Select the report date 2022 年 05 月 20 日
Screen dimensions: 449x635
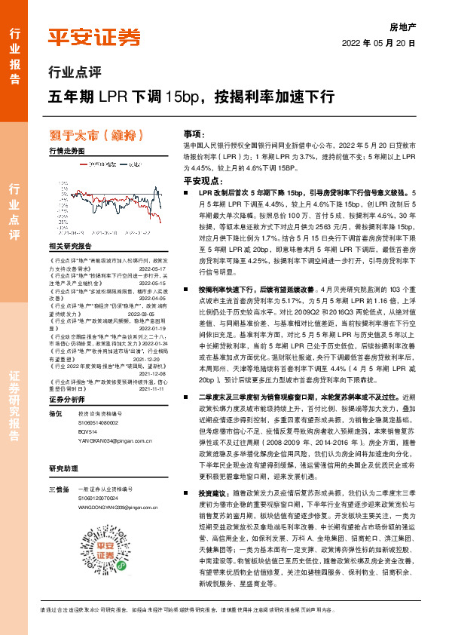click(x=379, y=43)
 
